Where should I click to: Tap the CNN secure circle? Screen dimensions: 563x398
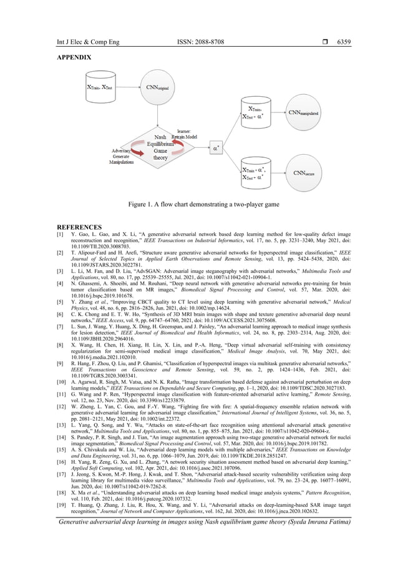click(x=304, y=172)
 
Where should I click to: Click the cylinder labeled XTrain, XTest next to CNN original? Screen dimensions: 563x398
click(x=100, y=87)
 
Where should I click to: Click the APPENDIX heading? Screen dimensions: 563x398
click(x=74, y=57)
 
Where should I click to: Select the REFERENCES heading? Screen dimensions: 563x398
click(x=79, y=227)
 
